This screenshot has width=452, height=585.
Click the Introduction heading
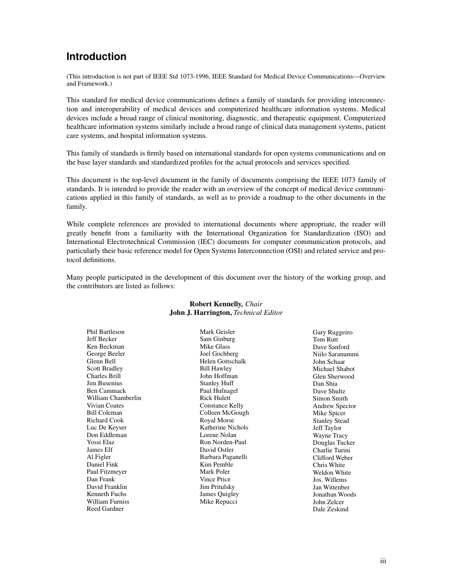pos(96,57)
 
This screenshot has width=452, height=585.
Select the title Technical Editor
pos(258,313)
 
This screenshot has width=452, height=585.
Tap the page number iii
pos(383,561)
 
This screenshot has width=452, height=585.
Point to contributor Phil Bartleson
pos(105,332)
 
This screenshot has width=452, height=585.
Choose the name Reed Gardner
pos(105,509)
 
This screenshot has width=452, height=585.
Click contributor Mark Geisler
pos(217,332)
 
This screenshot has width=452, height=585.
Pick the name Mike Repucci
pos(218,502)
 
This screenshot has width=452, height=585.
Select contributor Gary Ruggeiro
pos(333,332)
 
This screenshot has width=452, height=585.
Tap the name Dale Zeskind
pos(330,509)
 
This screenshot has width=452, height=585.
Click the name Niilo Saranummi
pos(335,354)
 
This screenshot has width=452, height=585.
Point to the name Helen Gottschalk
pos(223,361)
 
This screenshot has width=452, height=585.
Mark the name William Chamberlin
pos(114,398)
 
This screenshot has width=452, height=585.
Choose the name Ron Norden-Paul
pos(223,442)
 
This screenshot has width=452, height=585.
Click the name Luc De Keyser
pos(107,428)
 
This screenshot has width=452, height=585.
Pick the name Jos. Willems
pos(330,480)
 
